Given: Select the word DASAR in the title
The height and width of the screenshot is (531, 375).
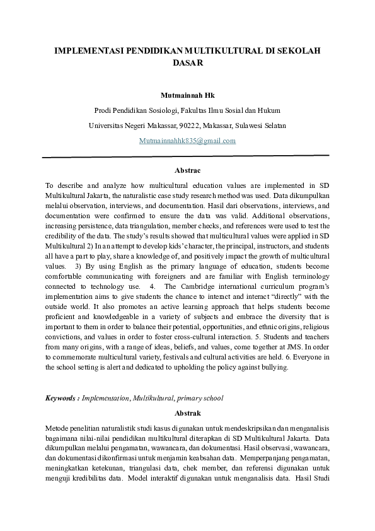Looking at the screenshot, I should pyautogui.click(x=187, y=62).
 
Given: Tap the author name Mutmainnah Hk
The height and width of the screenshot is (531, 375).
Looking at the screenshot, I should pyautogui.click(x=187, y=96).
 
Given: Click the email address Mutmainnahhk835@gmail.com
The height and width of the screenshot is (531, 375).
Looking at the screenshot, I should pyautogui.click(x=187, y=141).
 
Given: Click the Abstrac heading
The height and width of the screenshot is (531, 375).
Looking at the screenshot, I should pyautogui.click(x=187, y=170).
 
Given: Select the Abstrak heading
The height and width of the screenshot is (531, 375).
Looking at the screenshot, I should pyautogui.click(x=187, y=413).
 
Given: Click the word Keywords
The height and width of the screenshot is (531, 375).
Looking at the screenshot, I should pyautogui.click(x=61, y=399).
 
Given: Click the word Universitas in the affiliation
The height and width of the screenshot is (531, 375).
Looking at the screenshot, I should pyautogui.click(x=105, y=125).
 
